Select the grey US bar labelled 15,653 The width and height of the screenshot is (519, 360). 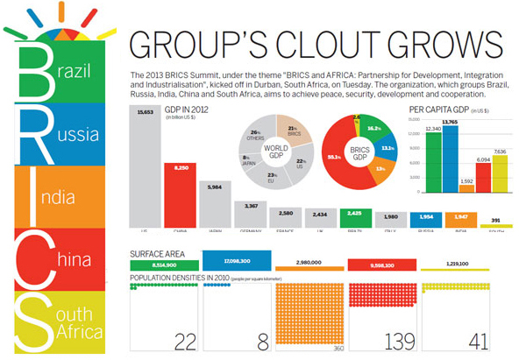pos(145,166)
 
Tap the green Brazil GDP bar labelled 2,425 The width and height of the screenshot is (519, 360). pos(354,218)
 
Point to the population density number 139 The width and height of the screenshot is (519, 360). pos(380,340)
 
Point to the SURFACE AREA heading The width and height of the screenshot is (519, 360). pos(159,253)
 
